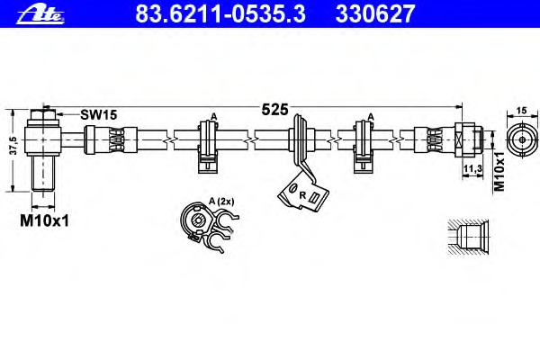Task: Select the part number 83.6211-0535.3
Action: point(220,13)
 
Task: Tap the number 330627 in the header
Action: point(375,13)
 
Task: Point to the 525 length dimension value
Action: point(274,110)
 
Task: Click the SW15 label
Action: point(99,114)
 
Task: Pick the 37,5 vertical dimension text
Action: point(13,146)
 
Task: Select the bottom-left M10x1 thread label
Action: point(44,220)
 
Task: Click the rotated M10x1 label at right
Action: point(499,171)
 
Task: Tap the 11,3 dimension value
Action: point(472,168)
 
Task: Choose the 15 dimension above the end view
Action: point(522,111)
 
